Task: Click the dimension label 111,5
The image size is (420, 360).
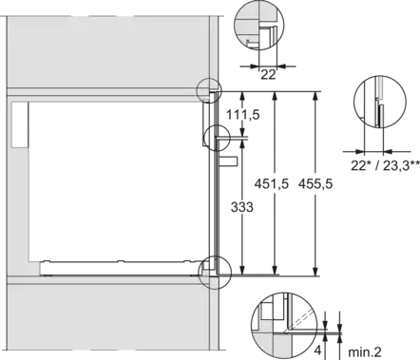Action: [x=242, y=115]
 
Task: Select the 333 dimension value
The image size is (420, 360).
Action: [x=242, y=207]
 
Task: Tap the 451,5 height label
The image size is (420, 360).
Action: [x=272, y=183]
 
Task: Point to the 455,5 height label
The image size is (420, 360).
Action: [x=315, y=183]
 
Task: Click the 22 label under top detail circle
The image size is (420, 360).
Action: [x=268, y=75]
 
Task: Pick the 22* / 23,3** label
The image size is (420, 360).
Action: [x=385, y=165]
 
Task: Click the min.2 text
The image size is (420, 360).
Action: [x=365, y=351]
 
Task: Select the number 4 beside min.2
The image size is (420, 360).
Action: [x=317, y=351]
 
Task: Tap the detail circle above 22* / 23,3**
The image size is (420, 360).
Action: [x=353, y=102]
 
